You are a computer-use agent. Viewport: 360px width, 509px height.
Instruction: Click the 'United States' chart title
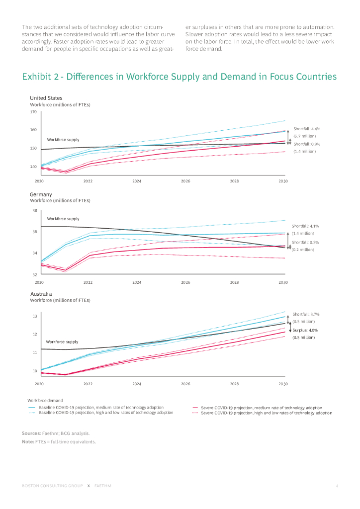(x=46, y=98)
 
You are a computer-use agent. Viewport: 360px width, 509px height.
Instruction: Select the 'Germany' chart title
(x=41, y=194)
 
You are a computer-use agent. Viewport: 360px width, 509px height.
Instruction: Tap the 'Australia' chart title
(x=41, y=294)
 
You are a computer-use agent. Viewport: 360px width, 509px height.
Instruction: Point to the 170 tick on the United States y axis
(x=33, y=112)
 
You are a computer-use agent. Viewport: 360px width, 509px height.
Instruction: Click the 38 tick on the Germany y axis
(x=34, y=211)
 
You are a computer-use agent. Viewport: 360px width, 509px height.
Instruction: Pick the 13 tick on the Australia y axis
(x=34, y=316)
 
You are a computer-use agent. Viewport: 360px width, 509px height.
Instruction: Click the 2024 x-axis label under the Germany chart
(x=137, y=282)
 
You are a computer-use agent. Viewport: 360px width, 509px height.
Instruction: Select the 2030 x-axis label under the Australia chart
(x=283, y=384)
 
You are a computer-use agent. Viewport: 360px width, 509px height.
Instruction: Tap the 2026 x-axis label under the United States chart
(x=185, y=181)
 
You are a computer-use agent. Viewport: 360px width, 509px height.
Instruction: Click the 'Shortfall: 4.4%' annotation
(x=307, y=129)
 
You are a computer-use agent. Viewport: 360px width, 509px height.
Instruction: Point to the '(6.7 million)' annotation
(x=304, y=136)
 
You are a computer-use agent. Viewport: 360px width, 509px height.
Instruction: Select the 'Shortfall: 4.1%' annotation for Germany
(x=305, y=226)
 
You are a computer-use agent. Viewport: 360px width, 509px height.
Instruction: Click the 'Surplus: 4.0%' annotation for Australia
(x=305, y=330)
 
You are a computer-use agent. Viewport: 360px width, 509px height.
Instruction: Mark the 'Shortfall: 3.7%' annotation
(x=306, y=314)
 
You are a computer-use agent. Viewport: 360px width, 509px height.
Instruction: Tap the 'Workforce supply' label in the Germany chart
(x=63, y=219)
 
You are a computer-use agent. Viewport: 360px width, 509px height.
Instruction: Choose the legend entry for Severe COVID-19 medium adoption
(x=261, y=408)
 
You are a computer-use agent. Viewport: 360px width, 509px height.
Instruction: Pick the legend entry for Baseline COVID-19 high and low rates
(x=106, y=413)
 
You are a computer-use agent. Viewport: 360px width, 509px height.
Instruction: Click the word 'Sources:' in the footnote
(x=31, y=433)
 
